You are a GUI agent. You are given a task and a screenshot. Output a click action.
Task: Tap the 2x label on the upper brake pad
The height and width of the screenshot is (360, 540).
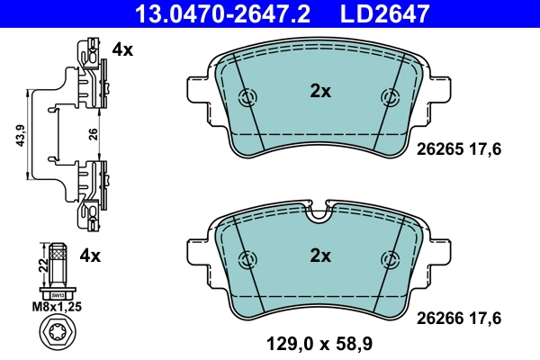click(x=320, y=90)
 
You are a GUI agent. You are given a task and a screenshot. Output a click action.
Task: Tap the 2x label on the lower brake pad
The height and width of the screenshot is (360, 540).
click(x=320, y=256)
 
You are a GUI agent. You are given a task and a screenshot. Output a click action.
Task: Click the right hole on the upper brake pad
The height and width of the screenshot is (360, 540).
click(x=391, y=98)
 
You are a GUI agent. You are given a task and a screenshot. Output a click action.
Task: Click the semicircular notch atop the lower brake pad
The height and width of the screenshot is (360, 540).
click(x=320, y=214)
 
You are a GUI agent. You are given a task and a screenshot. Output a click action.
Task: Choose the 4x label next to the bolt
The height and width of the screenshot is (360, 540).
click(x=90, y=256)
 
